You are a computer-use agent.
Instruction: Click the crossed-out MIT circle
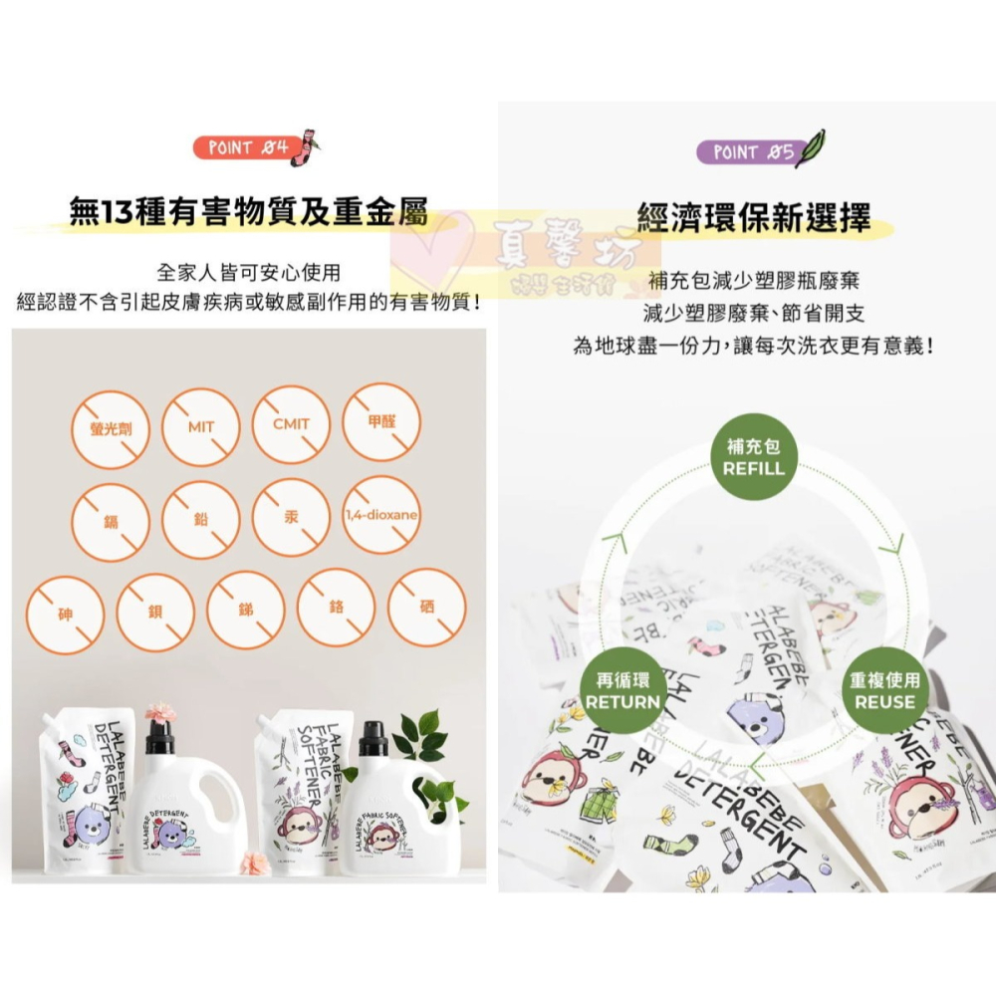(x=201, y=427)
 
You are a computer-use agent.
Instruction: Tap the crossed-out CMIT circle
(x=291, y=427)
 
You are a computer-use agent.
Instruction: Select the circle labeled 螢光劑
(x=112, y=427)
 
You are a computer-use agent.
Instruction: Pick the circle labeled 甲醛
(x=380, y=427)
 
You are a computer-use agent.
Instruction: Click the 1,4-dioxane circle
(x=380, y=517)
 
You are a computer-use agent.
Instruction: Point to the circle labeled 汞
(x=291, y=517)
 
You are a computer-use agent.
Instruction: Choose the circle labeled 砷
(x=65, y=608)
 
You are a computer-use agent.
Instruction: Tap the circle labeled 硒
(x=426, y=608)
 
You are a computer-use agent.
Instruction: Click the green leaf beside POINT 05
(x=811, y=147)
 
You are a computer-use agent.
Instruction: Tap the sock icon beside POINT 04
(x=305, y=146)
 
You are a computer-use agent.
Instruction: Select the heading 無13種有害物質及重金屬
(x=249, y=213)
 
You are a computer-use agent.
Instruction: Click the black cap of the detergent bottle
(x=159, y=737)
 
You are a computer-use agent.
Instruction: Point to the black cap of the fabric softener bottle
(x=373, y=738)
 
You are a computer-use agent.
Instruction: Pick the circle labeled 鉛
(x=201, y=517)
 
